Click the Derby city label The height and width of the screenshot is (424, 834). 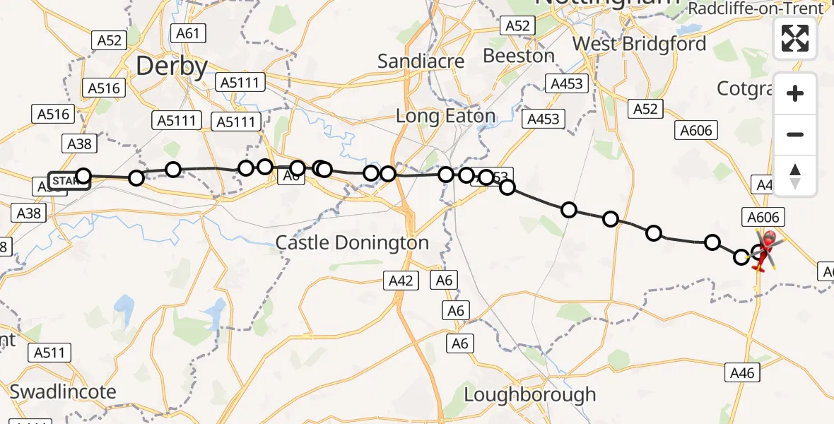(172, 67)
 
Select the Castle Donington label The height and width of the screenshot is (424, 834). (352, 243)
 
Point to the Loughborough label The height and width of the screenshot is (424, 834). (530, 394)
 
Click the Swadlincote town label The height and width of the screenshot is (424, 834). (63, 391)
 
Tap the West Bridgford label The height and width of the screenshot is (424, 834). (639, 44)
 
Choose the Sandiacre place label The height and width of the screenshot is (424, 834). (421, 61)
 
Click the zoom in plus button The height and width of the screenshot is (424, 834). (795, 93)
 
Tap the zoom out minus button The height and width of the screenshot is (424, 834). (795, 134)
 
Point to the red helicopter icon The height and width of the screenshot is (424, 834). (765, 249)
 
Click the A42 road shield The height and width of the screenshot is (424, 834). (401, 281)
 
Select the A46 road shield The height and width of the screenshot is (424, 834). (744, 372)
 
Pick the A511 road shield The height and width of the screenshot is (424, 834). (50, 353)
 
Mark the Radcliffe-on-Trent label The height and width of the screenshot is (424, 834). (756, 8)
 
